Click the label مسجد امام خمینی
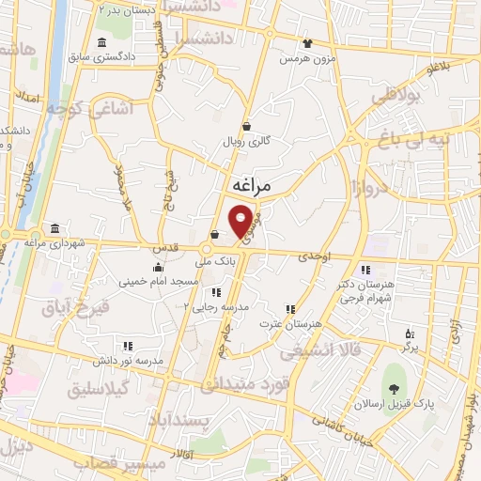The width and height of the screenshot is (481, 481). tap(158, 281)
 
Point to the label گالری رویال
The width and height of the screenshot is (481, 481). tap(245, 141)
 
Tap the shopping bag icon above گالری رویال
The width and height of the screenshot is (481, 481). tap(246, 126)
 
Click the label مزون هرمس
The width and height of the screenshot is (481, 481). tap(305, 58)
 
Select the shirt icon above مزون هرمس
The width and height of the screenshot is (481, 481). tap(306, 42)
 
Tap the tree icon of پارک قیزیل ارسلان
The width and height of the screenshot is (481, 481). tap(394, 390)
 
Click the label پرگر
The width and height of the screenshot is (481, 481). tap(409, 348)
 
